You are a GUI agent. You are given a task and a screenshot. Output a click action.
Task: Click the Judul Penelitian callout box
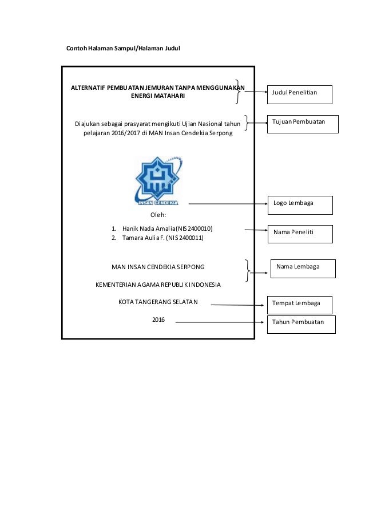(x=300, y=93)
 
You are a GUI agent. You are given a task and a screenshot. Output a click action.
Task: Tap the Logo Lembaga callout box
(x=300, y=204)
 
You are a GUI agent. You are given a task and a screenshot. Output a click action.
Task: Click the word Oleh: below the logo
(x=158, y=215)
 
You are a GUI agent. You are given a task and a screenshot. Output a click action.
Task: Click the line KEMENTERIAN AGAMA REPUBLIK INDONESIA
(x=158, y=284)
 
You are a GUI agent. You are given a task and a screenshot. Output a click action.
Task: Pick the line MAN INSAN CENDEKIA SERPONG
(x=158, y=267)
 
